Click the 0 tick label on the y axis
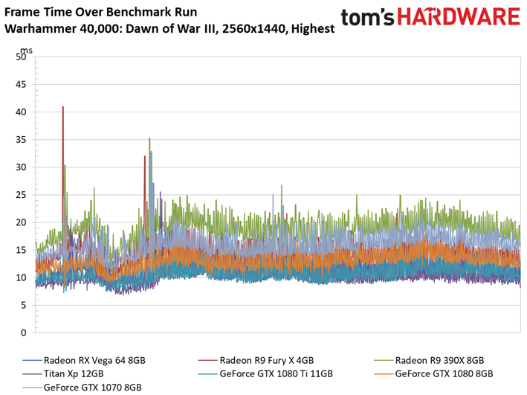[23, 333]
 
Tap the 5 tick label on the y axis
[23, 305]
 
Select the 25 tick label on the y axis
[21, 195]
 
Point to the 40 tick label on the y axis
[21, 112]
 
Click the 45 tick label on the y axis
[21, 85]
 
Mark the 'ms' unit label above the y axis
[26, 51]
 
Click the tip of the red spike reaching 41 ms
[63, 106]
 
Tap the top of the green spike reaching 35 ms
[149, 138]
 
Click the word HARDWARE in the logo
[459, 17]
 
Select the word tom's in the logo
[367, 18]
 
